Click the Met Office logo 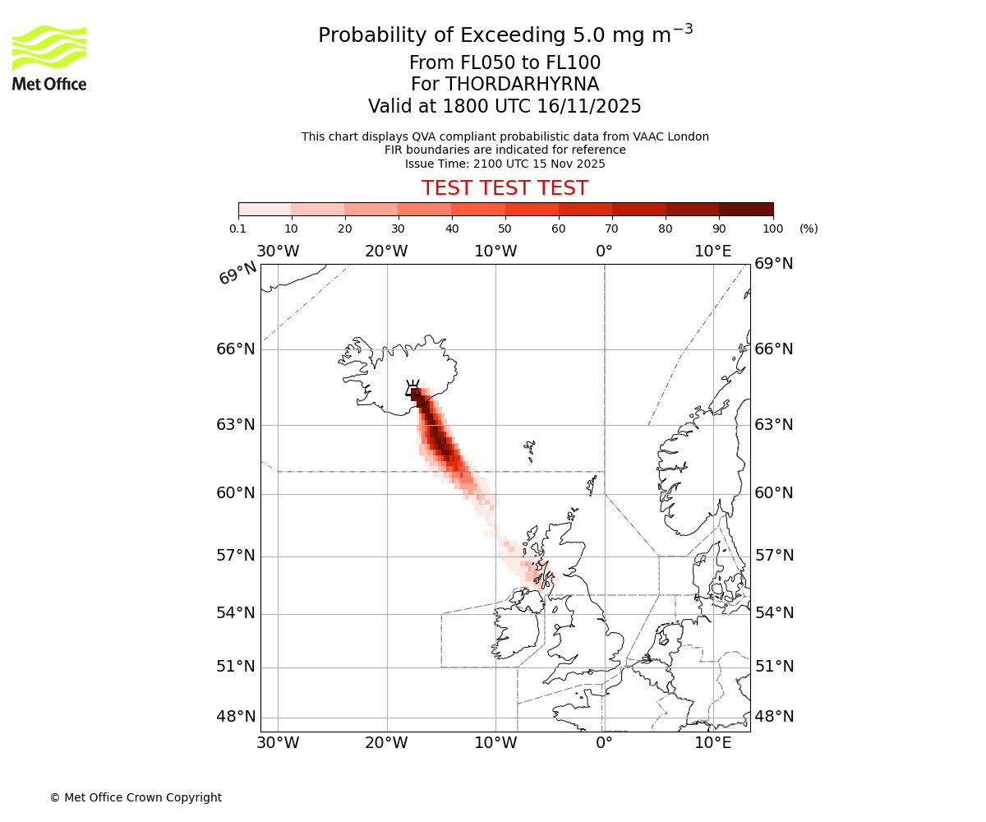(x=49, y=58)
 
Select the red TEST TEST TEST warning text (x=505, y=188)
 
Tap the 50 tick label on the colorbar (x=505, y=229)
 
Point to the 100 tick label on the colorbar (x=772, y=229)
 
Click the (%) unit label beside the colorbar (x=809, y=229)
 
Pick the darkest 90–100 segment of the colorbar (x=746, y=209)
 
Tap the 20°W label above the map (x=386, y=252)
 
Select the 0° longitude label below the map (x=604, y=744)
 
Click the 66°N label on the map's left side (x=236, y=349)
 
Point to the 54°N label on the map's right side (x=774, y=613)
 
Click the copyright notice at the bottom (x=136, y=797)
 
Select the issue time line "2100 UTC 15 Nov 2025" (x=505, y=164)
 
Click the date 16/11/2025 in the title (x=589, y=107)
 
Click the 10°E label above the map (x=712, y=252)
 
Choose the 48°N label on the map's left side (x=236, y=717)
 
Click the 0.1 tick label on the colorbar (x=238, y=229)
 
